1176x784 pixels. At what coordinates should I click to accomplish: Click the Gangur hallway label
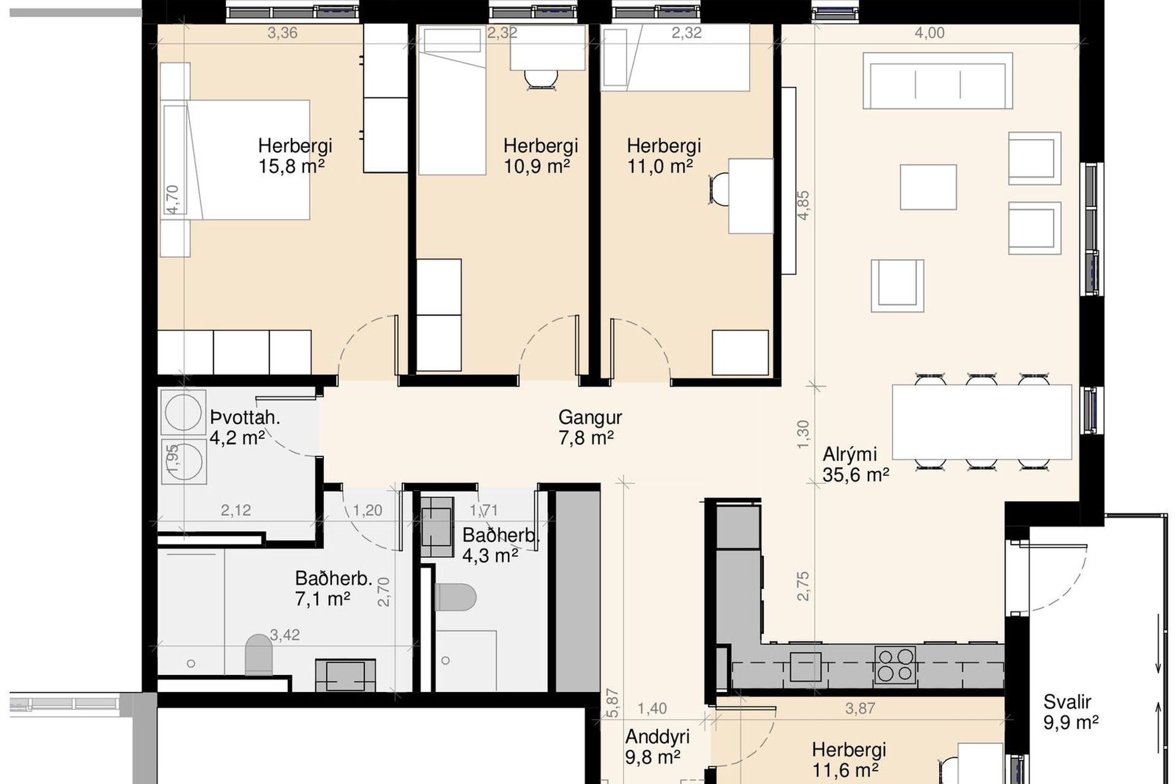(x=590, y=418)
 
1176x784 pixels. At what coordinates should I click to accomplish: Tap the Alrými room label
(x=850, y=454)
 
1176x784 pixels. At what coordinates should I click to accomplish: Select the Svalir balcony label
(x=1068, y=702)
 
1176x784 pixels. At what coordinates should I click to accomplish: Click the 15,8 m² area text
(x=292, y=167)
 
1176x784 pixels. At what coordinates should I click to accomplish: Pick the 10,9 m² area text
(x=537, y=167)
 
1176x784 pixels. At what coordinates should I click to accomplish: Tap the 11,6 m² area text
(x=846, y=770)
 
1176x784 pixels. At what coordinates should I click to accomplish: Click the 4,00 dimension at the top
(x=930, y=33)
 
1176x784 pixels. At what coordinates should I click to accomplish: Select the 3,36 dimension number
(x=282, y=33)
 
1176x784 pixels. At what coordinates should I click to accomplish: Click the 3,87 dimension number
(x=860, y=709)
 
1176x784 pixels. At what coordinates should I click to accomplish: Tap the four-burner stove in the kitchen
(x=896, y=665)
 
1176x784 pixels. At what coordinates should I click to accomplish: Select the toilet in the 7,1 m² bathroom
(x=258, y=655)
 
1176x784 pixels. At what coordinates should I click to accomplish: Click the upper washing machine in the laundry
(x=182, y=411)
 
